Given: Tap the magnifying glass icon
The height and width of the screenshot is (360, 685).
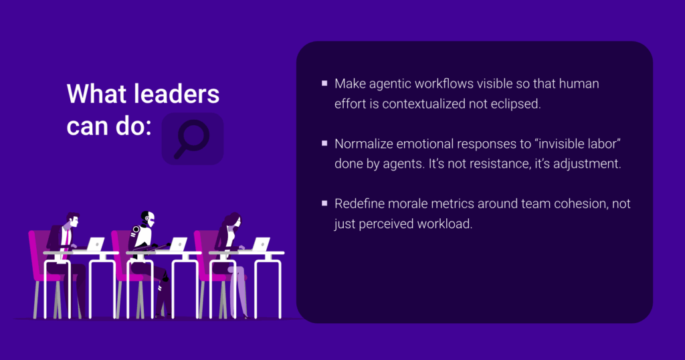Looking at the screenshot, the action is tap(192, 139).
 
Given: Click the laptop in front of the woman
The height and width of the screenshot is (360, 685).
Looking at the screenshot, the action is tap(261, 244).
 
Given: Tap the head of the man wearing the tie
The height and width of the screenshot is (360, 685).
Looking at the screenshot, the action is tap(72, 219).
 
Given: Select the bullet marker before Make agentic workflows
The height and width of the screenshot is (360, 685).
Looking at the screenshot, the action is tap(324, 83).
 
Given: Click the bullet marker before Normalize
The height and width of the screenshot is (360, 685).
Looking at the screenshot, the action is tap(324, 143).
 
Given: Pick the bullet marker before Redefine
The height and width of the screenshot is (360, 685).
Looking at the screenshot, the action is tap(324, 203).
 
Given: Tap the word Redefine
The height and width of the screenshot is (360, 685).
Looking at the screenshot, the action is tap(359, 203).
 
